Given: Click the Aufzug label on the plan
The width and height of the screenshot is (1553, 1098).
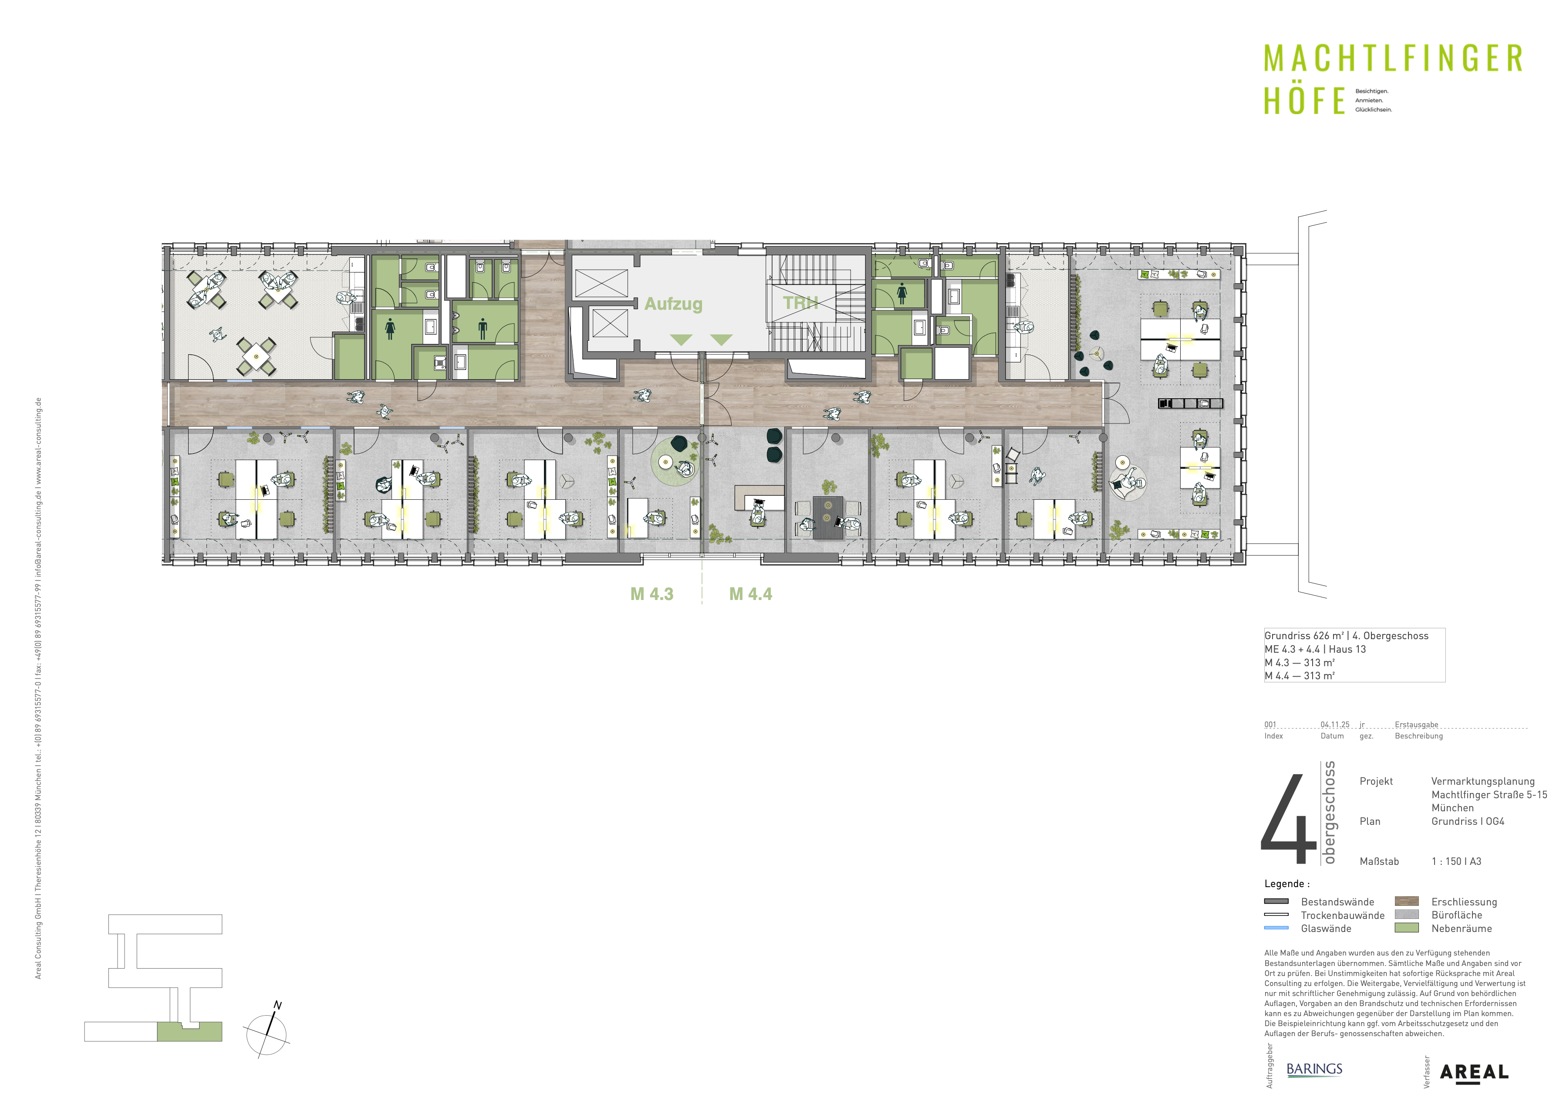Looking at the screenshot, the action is (673, 305).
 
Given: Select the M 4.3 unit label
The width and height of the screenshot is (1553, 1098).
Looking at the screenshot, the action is (652, 594).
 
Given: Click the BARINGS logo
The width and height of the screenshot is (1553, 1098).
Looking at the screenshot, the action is (1314, 1069).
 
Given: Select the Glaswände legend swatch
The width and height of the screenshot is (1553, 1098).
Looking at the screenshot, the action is (1276, 928).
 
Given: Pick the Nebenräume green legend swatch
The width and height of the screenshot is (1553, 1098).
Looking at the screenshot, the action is (1407, 928).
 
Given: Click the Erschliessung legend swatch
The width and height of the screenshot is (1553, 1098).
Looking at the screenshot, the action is (1407, 901).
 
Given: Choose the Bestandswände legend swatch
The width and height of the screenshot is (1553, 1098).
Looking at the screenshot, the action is (1276, 901).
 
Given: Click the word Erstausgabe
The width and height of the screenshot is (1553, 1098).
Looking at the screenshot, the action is (1416, 725).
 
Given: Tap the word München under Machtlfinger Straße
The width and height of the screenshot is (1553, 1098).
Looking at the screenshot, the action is (1452, 808).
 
